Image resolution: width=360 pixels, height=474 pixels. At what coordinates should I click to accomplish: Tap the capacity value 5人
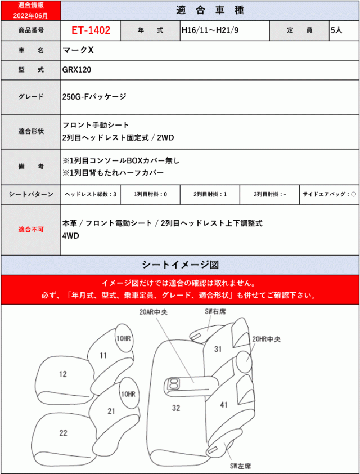336,30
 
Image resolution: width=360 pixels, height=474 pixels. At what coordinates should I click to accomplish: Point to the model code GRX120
76,70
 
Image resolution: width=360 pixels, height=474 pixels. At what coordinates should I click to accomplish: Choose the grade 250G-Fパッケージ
94,97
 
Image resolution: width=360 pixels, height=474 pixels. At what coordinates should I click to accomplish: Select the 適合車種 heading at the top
209,10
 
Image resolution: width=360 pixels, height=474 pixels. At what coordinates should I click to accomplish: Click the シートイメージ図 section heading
180,264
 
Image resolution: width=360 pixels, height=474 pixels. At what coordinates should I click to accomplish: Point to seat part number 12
62,374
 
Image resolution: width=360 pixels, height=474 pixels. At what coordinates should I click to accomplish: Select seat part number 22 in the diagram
63,432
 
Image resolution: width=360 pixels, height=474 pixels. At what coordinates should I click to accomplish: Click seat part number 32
176,408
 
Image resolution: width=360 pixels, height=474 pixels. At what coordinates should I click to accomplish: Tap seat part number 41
223,404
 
